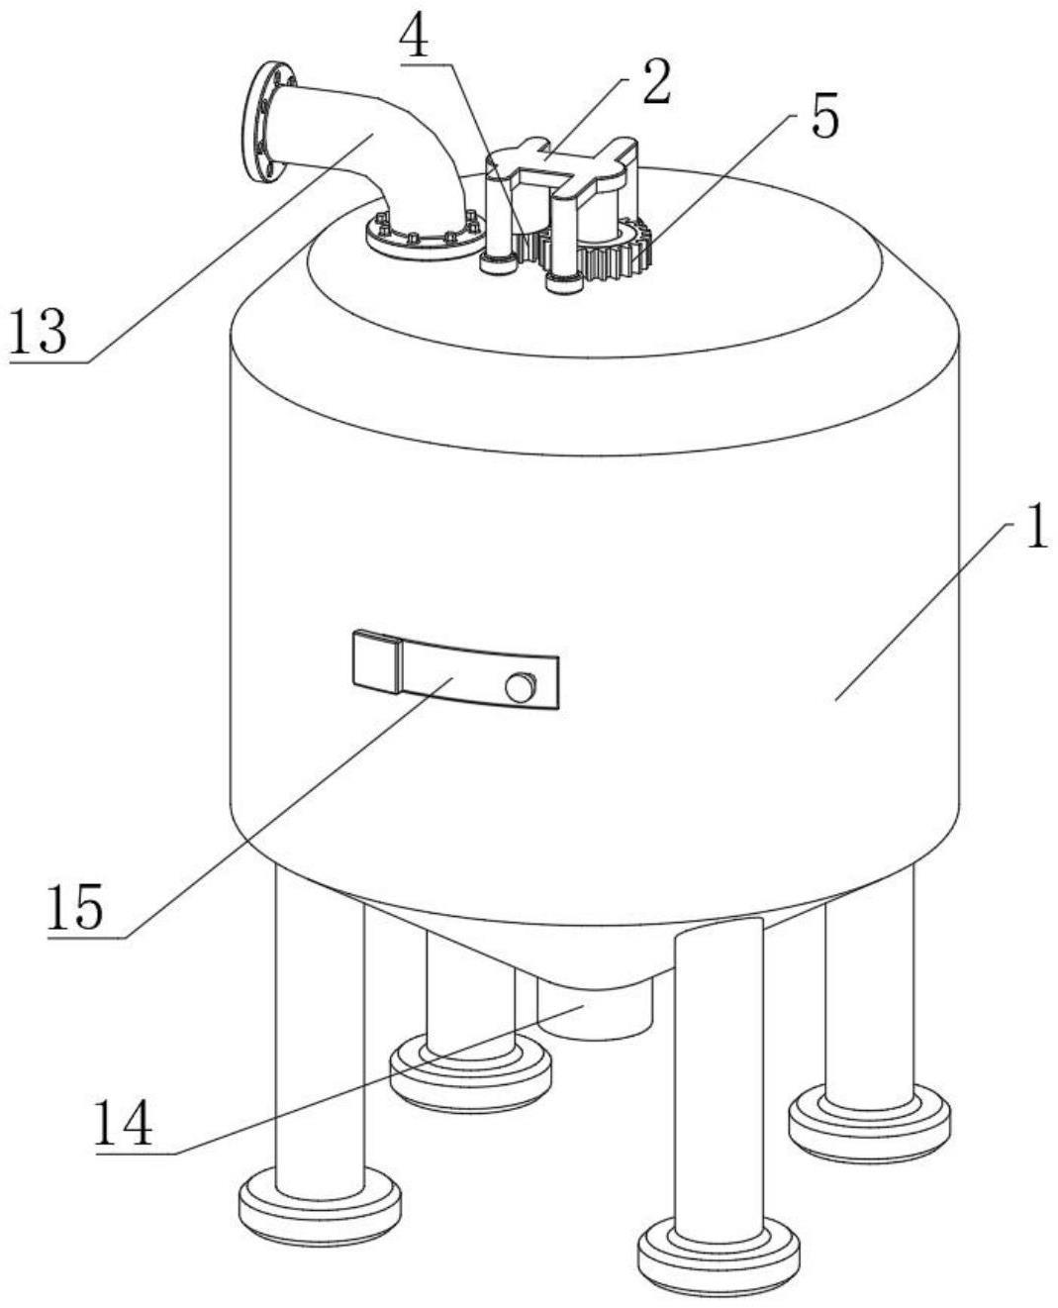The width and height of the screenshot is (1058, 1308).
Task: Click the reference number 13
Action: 39,332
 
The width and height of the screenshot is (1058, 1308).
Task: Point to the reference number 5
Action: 824,117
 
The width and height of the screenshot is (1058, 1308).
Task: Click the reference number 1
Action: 1033,530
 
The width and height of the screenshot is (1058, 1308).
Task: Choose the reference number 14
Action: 124,1123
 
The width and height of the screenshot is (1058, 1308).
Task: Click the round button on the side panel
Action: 520,686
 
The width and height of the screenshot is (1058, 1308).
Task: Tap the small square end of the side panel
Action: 375,660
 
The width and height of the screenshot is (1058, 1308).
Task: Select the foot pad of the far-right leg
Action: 869,1122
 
